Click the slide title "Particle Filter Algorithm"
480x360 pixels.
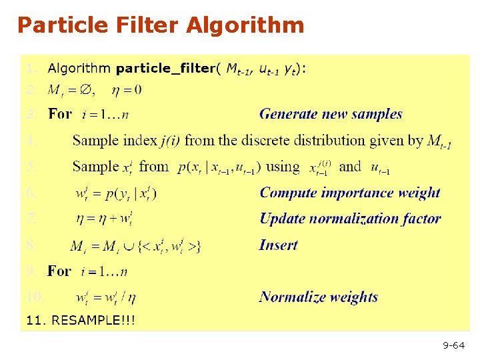161,25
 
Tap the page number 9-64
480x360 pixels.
454,345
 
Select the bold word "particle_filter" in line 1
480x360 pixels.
165,68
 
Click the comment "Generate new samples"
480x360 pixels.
331,114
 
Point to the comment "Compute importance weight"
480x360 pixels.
350,193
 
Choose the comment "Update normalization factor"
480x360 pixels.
350,219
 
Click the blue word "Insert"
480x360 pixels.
278,245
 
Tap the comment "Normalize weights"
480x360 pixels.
319,297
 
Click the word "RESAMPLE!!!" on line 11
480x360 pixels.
93,321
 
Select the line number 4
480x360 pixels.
31,141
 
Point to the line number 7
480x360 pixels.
31,218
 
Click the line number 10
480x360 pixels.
34,296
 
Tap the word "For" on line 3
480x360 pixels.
60,114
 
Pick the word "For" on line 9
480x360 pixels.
59,271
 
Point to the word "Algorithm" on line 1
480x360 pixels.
79,68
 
